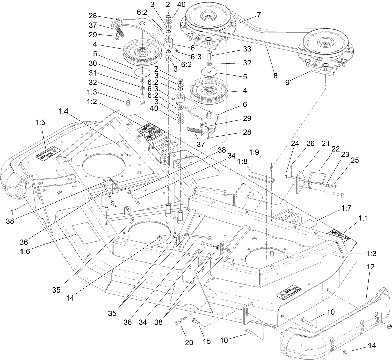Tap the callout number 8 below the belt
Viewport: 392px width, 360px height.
point(275,76)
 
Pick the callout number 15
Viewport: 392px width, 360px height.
point(207,341)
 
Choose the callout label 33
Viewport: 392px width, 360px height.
point(247,49)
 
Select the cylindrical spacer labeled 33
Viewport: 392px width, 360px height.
point(209,54)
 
